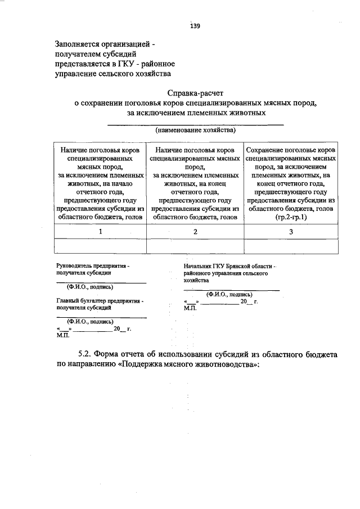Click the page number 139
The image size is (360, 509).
pyautogui.click(x=195, y=26)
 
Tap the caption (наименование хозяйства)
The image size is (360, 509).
pyautogui.click(x=195, y=130)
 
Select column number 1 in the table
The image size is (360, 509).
pyautogui.click(x=100, y=231)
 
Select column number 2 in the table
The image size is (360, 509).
pyautogui.click(x=195, y=231)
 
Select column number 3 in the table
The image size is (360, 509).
pyautogui.click(x=291, y=231)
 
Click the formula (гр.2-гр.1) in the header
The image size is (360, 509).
pyautogui.click(x=291, y=217)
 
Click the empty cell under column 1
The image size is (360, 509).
pyautogui.click(x=100, y=246)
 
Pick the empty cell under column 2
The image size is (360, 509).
pyautogui.click(x=195, y=246)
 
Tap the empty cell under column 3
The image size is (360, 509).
pyautogui.click(x=291, y=246)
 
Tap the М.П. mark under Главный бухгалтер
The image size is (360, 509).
pyautogui.click(x=62, y=335)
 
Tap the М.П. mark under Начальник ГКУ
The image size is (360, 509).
pyautogui.click(x=190, y=308)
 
